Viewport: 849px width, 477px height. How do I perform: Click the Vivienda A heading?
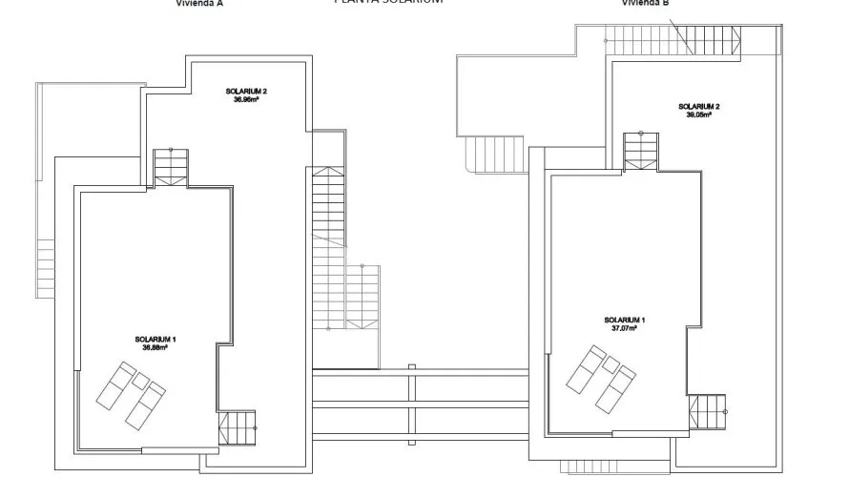(199, 3)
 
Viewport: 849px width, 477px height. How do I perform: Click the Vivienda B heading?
(646, 3)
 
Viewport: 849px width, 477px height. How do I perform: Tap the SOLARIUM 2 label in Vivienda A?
(246, 92)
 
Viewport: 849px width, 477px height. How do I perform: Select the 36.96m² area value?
(246, 99)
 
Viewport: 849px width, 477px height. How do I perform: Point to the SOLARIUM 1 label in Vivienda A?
(155, 340)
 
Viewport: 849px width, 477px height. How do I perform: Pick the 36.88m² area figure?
(155, 348)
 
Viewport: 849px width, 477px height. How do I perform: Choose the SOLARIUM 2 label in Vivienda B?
(698, 106)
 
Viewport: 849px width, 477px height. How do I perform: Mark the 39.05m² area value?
(698, 114)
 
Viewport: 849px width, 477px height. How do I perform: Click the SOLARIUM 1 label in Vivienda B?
(625, 320)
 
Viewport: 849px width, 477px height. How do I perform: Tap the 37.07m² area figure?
(625, 328)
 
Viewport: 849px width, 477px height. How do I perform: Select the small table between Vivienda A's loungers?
(140, 381)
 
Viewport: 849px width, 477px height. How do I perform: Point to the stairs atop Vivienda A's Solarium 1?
(172, 168)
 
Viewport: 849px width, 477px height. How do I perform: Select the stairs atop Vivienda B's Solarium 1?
(640, 151)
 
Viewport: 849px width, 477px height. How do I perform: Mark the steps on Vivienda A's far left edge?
(46, 267)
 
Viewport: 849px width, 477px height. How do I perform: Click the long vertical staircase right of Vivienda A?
(326, 246)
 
